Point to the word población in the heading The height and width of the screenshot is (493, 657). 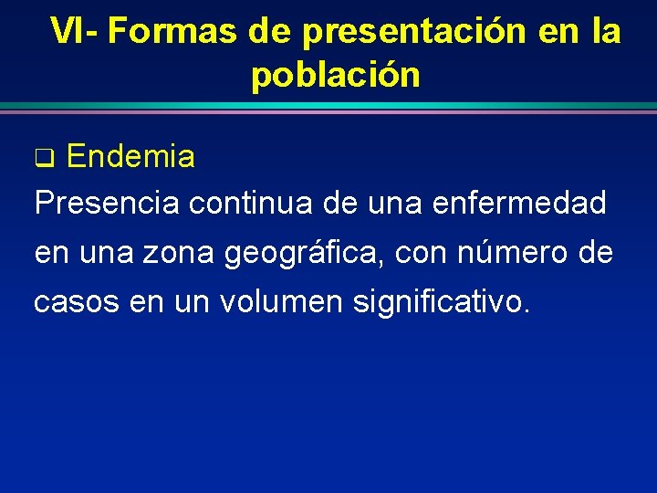[x=335, y=75]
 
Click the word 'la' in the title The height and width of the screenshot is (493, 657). [x=606, y=31]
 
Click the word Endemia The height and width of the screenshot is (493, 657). [x=130, y=157]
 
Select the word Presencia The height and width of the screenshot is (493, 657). [x=107, y=203]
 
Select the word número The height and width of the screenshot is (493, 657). [x=516, y=252]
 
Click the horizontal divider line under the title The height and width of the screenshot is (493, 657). [x=328, y=108]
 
